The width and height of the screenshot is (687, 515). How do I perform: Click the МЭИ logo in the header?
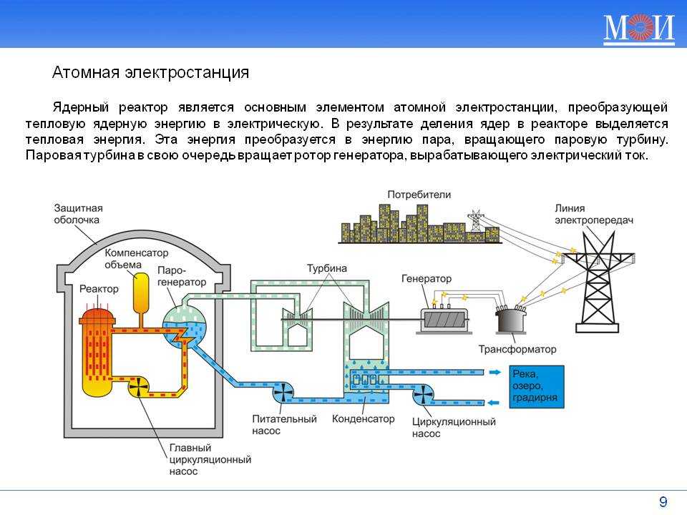(x=639, y=29)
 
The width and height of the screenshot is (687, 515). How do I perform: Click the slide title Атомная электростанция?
(x=151, y=72)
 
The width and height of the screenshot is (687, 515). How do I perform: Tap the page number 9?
(x=663, y=501)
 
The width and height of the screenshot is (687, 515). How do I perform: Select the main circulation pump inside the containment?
(x=138, y=388)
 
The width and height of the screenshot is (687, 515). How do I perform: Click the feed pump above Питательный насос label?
(x=283, y=392)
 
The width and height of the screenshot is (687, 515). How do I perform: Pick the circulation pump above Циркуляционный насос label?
(x=423, y=394)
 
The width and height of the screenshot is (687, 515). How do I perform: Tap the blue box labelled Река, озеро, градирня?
(x=536, y=387)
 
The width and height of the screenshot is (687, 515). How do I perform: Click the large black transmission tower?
(x=597, y=284)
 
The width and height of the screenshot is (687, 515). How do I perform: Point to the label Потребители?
(x=419, y=195)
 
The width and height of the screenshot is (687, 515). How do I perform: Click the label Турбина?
(x=327, y=268)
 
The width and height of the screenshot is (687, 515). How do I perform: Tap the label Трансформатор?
(x=517, y=349)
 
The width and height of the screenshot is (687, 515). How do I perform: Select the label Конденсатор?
(x=364, y=418)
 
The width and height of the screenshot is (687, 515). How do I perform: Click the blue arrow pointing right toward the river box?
(x=494, y=372)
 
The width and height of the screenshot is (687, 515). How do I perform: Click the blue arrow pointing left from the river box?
(x=493, y=403)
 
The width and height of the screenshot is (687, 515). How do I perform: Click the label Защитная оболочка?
(x=79, y=214)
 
